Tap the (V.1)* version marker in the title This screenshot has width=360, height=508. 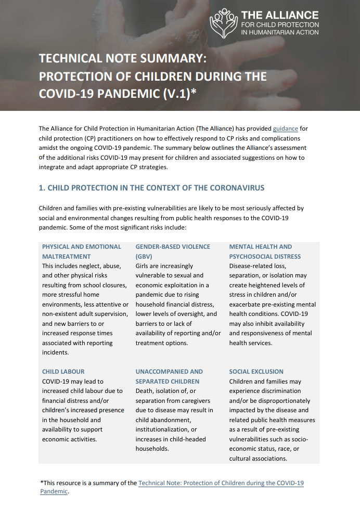[x=178, y=93]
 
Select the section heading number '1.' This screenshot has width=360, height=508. [x=42, y=187]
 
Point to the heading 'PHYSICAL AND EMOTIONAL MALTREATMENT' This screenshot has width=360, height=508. [x=81, y=251]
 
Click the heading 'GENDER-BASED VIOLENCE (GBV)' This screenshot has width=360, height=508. [x=173, y=251]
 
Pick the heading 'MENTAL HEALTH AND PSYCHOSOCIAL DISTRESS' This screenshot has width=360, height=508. [x=265, y=251]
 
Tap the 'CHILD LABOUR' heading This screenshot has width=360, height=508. [x=63, y=372]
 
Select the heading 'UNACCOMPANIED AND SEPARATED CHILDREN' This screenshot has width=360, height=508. [x=169, y=376]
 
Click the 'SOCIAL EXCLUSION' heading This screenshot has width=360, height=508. [x=256, y=372]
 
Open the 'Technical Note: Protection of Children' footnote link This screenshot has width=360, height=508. [x=221, y=483]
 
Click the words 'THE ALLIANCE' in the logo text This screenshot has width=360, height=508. [x=280, y=15]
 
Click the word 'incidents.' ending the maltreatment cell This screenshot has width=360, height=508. [x=56, y=352]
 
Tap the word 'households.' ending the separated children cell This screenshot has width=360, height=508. [x=152, y=449]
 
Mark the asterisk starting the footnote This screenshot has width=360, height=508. [x=42, y=482]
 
